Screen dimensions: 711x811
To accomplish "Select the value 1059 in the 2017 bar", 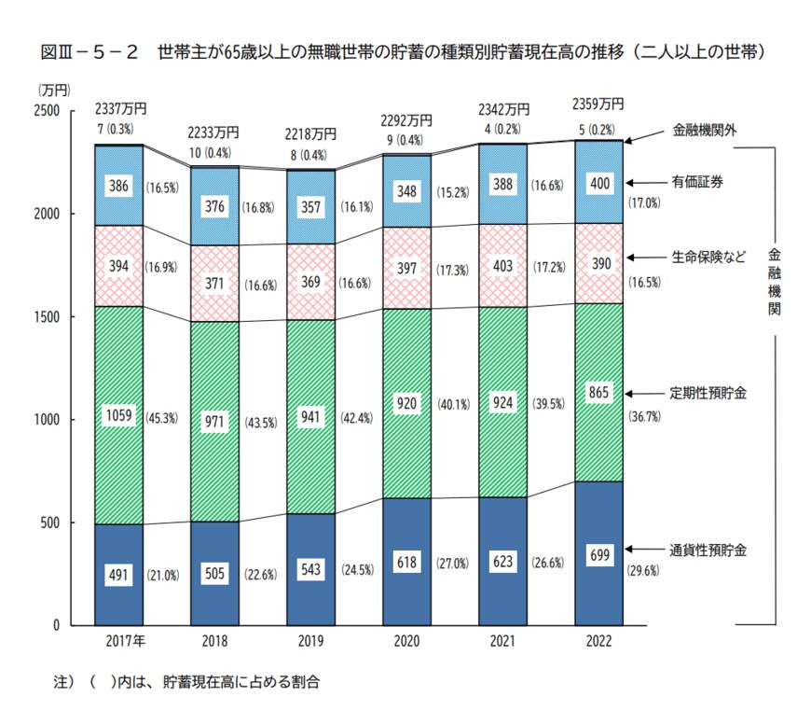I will (x=118, y=418).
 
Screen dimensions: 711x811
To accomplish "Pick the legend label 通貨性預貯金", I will (x=709, y=550).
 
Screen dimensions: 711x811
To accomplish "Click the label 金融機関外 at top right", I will (x=705, y=131).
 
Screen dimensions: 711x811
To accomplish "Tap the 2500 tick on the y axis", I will (x=48, y=111).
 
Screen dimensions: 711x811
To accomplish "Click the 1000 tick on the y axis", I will (x=48, y=420).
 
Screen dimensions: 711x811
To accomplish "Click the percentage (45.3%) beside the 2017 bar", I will (x=162, y=418).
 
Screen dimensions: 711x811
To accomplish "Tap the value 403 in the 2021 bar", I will (x=502, y=265).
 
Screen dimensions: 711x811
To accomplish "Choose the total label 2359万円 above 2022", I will (x=598, y=104).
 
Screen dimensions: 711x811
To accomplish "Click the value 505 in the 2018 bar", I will (x=214, y=574).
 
